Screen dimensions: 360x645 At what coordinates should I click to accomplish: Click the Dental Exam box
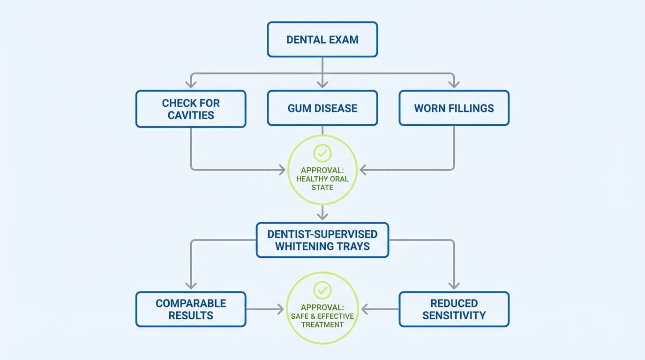click(322, 39)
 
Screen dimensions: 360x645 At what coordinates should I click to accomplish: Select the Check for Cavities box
click(191, 109)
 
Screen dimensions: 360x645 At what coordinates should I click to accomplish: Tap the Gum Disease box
click(322, 108)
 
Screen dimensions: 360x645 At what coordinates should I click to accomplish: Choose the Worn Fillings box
click(454, 108)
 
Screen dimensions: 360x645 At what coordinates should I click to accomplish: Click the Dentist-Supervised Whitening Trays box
click(322, 240)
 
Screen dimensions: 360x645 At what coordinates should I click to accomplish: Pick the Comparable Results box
click(191, 309)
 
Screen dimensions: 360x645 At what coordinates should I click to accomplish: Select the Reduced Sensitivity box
click(454, 309)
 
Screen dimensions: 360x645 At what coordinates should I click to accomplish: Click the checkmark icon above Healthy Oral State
click(322, 153)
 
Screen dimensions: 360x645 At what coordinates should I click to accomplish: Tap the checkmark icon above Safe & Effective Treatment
click(322, 290)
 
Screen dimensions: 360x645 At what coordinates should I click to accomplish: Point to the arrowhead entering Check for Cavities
click(191, 84)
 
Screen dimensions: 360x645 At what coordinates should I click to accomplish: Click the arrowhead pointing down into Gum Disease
click(322, 84)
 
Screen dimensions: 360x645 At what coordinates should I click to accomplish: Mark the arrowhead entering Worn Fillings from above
click(454, 84)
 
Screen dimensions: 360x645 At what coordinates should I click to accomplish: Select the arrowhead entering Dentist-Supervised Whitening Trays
click(322, 216)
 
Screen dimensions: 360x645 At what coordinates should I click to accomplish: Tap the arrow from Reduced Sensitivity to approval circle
click(380, 309)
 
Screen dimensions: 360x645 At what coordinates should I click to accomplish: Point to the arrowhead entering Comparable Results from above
click(191, 285)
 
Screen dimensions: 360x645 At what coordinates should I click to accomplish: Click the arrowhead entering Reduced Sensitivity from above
click(454, 285)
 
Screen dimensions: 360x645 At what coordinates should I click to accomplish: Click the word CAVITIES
click(191, 115)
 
